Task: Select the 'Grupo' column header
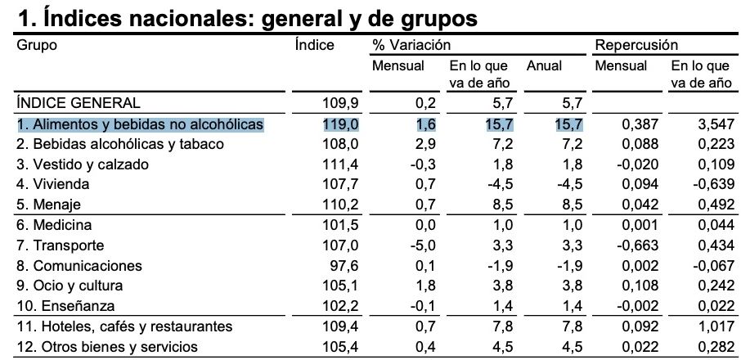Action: [x=37, y=45]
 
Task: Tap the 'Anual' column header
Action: [x=544, y=65]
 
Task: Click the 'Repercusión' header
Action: [x=636, y=45]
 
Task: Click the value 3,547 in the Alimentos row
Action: [x=709, y=124]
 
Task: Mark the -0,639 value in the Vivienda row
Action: [x=707, y=184]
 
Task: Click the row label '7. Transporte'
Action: [x=61, y=245]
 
